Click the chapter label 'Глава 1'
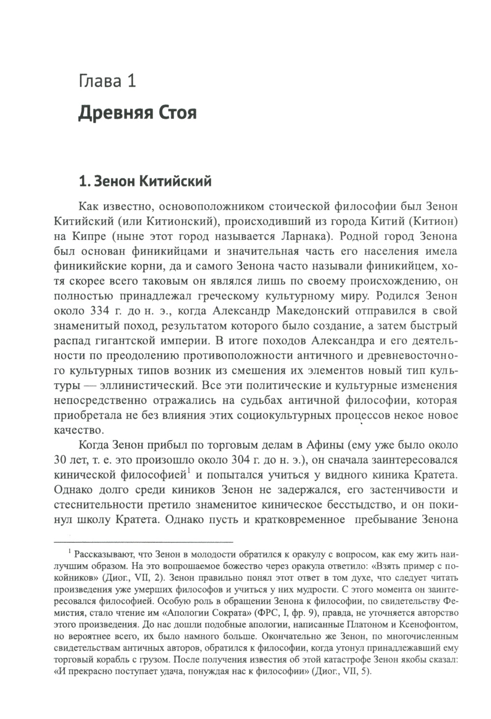point(107,81)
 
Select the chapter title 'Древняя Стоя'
point(137,113)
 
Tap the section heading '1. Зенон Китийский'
point(145,182)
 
